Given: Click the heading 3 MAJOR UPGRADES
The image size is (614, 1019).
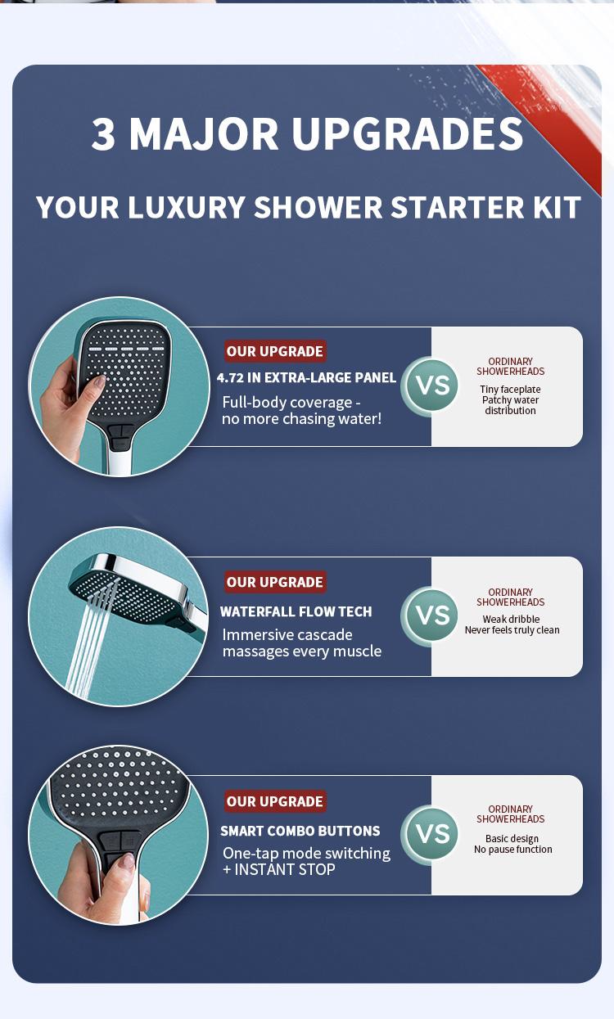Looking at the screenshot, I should click(x=307, y=134).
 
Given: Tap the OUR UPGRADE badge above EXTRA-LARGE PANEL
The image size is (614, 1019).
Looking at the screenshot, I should click(x=275, y=351).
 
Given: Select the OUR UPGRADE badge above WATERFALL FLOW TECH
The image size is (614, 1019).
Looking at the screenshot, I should click(x=275, y=582).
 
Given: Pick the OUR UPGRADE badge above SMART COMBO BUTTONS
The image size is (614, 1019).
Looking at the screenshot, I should click(x=275, y=801).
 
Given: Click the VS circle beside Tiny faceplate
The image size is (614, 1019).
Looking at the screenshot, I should click(x=431, y=385).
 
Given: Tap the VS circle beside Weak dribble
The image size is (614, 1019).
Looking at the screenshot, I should click(x=431, y=615).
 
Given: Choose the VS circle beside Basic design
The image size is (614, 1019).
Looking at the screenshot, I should click(x=431, y=834).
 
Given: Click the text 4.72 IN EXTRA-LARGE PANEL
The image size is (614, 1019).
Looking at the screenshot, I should click(x=306, y=378).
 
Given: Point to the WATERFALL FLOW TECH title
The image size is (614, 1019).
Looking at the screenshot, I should click(x=296, y=611).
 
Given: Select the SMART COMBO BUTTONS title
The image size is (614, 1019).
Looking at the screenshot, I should click(x=300, y=831).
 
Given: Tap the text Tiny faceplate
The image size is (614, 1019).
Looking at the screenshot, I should click(x=510, y=390).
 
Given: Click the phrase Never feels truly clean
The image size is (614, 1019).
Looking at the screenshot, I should click(x=512, y=630).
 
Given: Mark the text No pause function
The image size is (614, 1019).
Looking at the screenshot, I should click(x=512, y=850).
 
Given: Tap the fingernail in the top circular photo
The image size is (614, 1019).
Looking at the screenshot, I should click(x=99, y=381).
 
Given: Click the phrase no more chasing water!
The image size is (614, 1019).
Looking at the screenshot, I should click(x=302, y=419).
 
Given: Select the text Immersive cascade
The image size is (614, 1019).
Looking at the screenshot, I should click(x=287, y=635).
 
